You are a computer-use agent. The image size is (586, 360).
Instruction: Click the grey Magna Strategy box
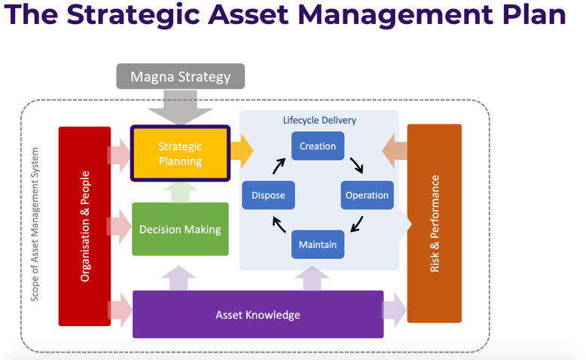(x=180, y=77)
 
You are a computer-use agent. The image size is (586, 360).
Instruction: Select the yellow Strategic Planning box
(x=180, y=154)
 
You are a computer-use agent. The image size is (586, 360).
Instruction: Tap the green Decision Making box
(x=180, y=229)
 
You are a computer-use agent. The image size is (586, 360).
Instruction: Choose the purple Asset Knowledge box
(x=258, y=314)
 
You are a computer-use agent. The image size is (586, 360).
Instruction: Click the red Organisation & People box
(x=84, y=226)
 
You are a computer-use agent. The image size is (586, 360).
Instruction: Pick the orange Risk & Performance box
(x=434, y=223)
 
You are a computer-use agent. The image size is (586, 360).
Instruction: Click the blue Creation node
(x=318, y=146)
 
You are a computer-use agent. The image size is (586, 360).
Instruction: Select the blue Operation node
(x=367, y=195)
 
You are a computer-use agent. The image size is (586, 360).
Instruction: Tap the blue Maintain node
(x=317, y=245)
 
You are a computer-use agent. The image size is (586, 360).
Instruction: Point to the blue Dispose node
(x=268, y=195)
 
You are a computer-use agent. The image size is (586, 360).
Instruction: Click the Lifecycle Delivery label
(x=319, y=120)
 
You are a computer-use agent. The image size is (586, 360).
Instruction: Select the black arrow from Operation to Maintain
(x=356, y=224)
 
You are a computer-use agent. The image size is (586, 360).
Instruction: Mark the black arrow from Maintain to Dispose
(x=279, y=224)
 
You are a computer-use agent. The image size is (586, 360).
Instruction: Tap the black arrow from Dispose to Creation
(x=279, y=165)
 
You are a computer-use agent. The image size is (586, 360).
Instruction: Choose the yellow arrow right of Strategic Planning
(x=241, y=151)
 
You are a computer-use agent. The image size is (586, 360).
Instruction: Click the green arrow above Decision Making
(x=180, y=192)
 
